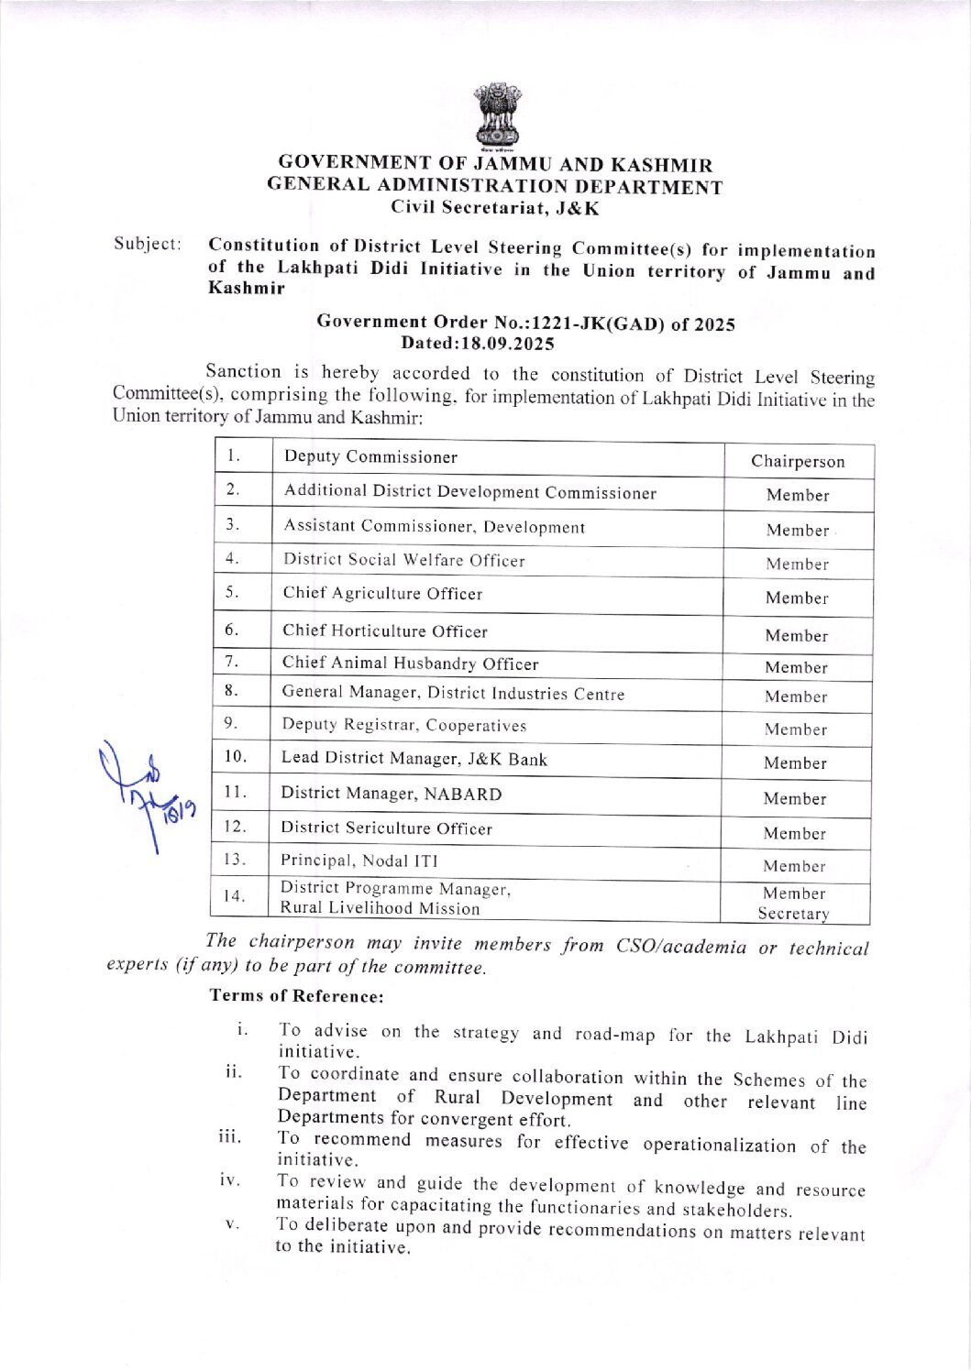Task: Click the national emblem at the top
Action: tap(496, 116)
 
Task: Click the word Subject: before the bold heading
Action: tap(147, 244)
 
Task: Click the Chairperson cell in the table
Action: tap(798, 461)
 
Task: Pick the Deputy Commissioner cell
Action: tap(370, 456)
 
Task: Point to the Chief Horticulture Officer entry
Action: tap(385, 631)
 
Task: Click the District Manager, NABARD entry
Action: tap(392, 794)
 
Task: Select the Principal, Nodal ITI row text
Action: tap(359, 860)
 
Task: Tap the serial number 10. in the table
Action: tap(236, 756)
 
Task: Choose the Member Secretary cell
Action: tap(794, 903)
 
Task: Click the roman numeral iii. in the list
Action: tap(229, 1137)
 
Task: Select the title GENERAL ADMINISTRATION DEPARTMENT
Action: tap(495, 186)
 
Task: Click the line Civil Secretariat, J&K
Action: tap(495, 207)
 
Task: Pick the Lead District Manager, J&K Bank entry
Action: tap(414, 759)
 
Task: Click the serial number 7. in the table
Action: tap(232, 661)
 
